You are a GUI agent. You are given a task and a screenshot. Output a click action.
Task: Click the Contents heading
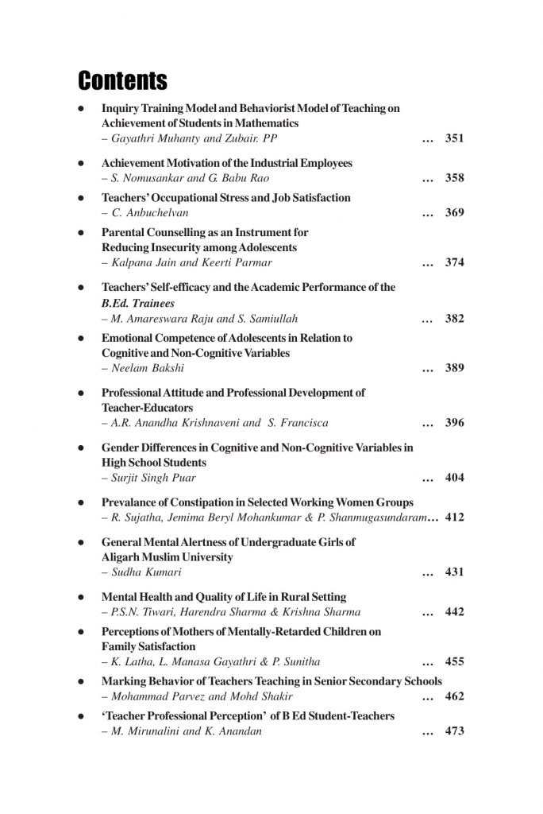click(x=122, y=81)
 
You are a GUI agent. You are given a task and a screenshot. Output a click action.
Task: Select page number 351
click(x=454, y=139)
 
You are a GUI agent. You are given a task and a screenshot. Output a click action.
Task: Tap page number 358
click(x=454, y=178)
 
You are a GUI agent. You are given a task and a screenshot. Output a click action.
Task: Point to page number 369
click(x=454, y=213)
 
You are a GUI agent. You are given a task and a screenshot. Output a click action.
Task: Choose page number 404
click(x=454, y=478)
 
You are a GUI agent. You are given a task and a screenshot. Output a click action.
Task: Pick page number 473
click(x=454, y=731)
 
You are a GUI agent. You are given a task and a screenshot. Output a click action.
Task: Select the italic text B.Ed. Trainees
click(x=137, y=303)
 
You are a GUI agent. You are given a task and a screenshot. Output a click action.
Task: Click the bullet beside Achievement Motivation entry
click(x=81, y=163)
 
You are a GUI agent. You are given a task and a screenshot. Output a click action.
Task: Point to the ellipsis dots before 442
click(x=428, y=612)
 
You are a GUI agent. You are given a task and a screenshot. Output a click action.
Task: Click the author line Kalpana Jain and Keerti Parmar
click(x=188, y=263)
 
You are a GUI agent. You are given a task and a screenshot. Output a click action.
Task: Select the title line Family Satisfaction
click(x=148, y=646)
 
